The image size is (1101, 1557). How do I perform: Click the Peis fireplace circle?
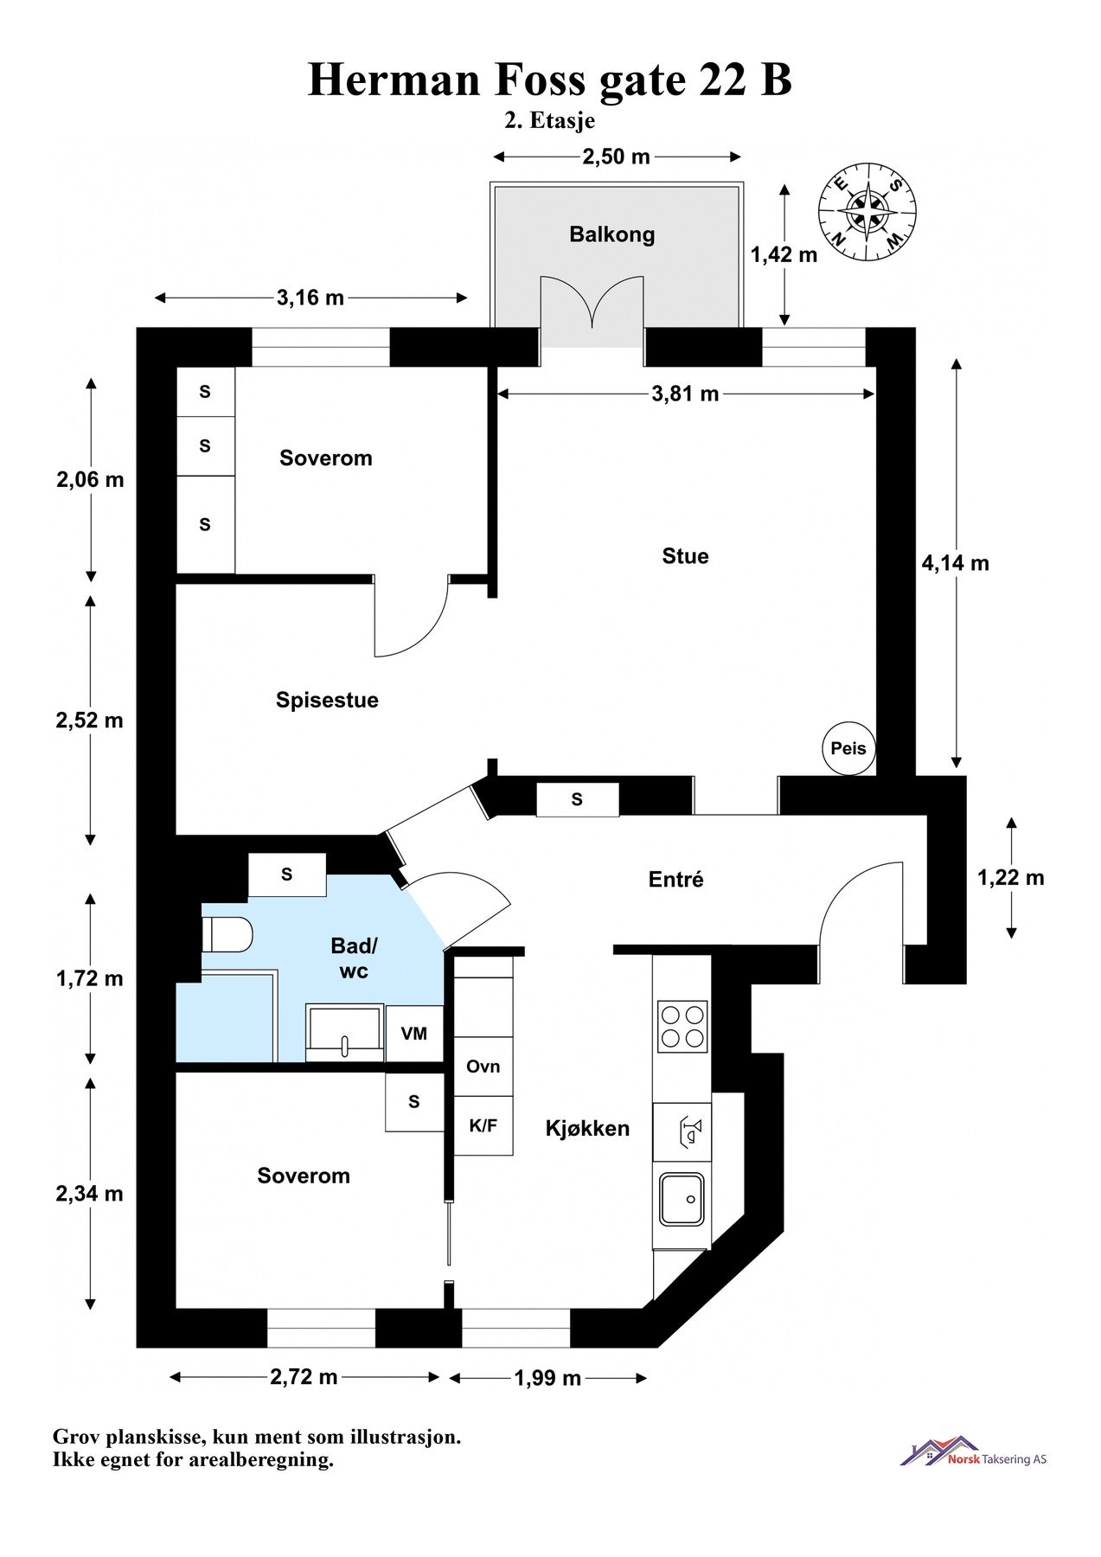click(x=848, y=748)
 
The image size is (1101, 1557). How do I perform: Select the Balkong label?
click(x=611, y=234)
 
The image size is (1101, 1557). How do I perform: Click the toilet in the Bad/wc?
click(x=227, y=935)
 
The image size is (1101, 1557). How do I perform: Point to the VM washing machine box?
click(x=414, y=1034)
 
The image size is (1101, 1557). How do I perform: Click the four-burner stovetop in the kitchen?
click(x=682, y=1026)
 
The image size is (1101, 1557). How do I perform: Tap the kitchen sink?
click(x=682, y=1199)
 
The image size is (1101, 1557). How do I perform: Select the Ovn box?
click(x=483, y=1067)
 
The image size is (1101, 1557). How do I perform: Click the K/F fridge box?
click(x=483, y=1125)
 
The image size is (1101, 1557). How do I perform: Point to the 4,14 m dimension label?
click(x=955, y=563)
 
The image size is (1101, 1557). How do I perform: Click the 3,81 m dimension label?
click(x=685, y=394)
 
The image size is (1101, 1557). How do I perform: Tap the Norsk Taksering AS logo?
click(x=973, y=1451)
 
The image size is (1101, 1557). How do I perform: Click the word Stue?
click(x=685, y=556)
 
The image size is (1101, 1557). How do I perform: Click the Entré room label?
click(x=675, y=880)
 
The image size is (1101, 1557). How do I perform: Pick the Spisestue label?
click(x=327, y=700)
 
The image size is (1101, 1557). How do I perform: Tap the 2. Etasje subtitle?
click(x=549, y=120)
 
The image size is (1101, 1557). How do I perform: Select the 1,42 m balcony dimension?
click(x=784, y=254)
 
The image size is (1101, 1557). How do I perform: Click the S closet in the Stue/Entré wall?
click(x=577, y=800)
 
